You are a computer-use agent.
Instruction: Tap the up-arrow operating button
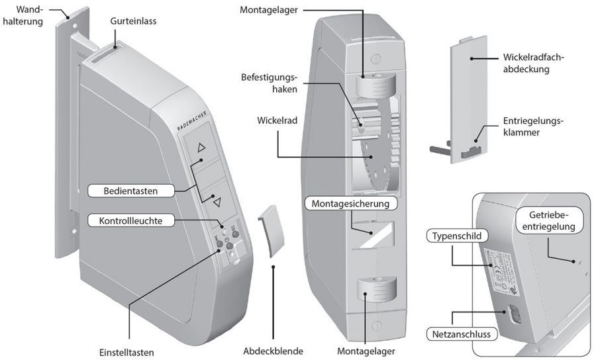202,150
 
